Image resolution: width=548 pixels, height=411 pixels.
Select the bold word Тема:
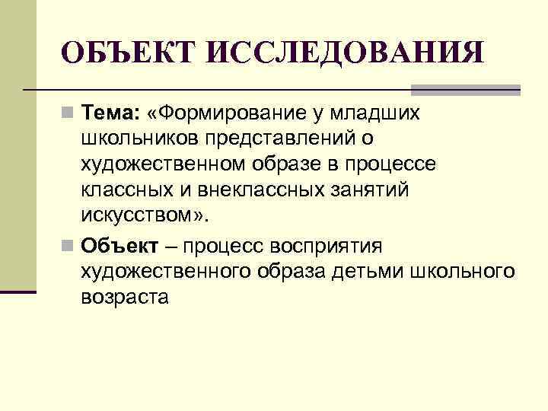coord(111,113)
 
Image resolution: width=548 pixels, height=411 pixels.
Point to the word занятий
coord(366,190)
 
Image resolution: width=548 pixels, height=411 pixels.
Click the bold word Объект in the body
coord(121,246)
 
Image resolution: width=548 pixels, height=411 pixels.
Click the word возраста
coord(123,297)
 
